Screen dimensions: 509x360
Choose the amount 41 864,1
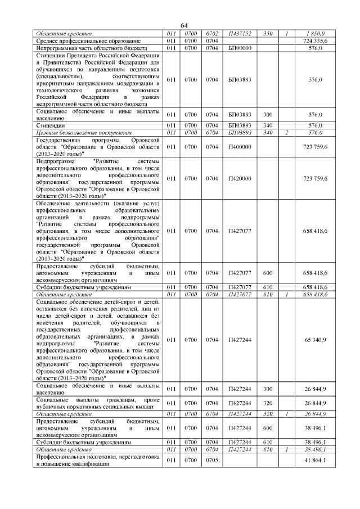(x=316, y=461)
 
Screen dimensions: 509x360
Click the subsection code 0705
(x=212, y=461)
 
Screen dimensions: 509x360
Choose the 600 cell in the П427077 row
(x=268, y=273)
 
